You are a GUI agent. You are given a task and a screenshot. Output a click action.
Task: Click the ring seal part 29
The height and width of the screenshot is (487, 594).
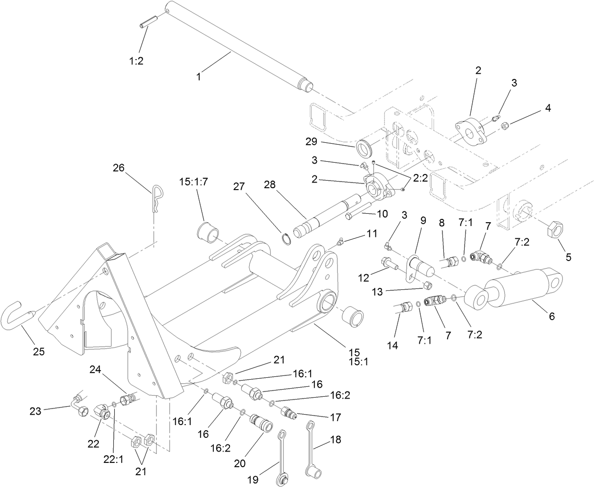tap(365, 148)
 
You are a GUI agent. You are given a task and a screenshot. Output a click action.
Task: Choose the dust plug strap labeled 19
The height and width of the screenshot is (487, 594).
tap(282, 456)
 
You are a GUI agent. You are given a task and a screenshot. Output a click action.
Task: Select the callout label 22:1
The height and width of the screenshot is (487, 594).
tap(113, 458)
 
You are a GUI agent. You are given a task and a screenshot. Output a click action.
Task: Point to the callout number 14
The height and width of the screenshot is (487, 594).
tap(392, 345)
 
